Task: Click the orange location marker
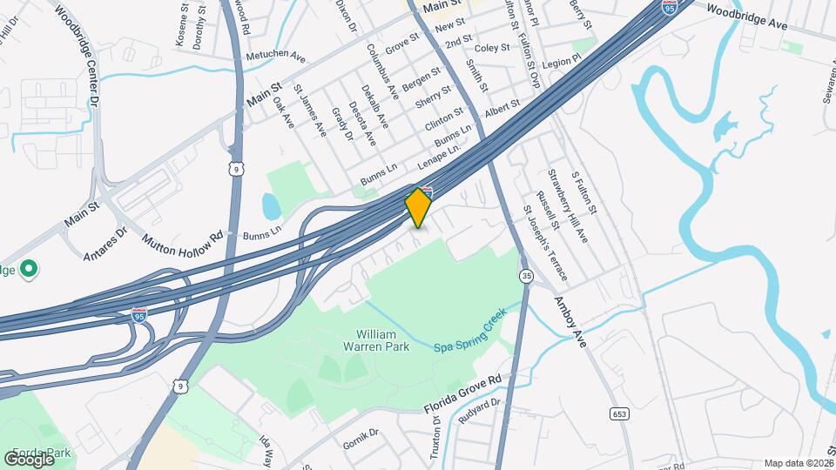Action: point(419,208)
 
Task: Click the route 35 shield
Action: point(526,276)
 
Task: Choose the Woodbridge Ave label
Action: point(746,18)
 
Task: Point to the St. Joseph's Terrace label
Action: point(545,243)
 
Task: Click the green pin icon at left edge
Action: point(28,269)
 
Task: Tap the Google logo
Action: point(29,459)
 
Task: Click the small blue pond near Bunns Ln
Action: point(271,206)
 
